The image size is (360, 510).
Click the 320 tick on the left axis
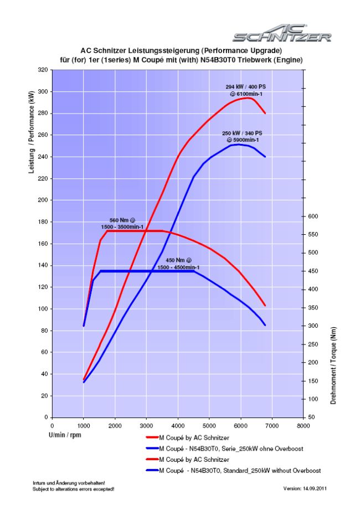pos(42,70)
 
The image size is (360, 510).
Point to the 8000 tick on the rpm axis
pos(303,426)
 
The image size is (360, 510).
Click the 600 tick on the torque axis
pos(314,216)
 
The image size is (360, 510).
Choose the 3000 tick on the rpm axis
pos(146,426)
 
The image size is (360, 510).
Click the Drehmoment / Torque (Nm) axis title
pos(333,365)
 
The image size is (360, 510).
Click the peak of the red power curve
pos(248,98)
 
